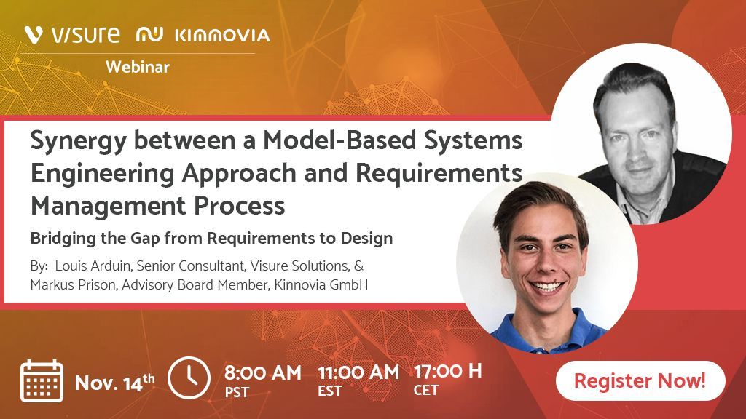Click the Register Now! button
click(x=640, y=380)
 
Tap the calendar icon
click(x=42, y=381)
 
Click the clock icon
click(x=189, y=378)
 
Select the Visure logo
click(x=71, y=34)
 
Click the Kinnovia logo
click(x=203, y=35)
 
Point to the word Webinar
click(x=138, y=67)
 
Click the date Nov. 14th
click(x=114, y=382)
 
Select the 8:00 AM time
click(x=262, y=373)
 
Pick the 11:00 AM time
click(x=358, y=372)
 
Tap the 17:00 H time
click(x=447, y=371)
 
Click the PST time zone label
click(x=237, y=393)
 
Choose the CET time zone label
click(x=426, y=391)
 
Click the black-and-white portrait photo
click(x=641, y=135)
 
